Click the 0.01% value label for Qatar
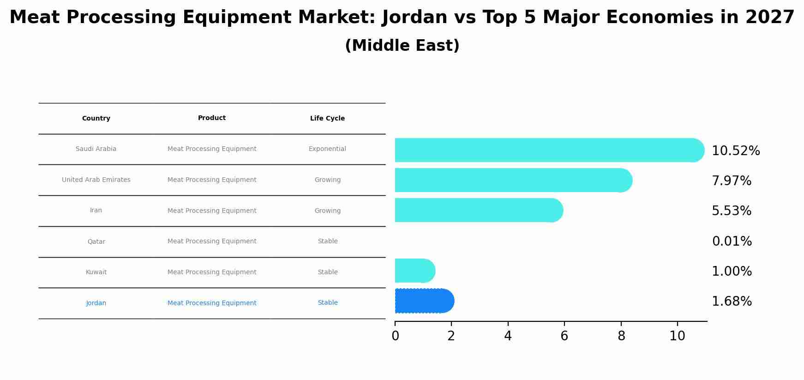pyautogui.click(x=732, y=241)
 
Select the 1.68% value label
pyautogui.click(x=732, y=302)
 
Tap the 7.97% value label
pyautogui.click(x=732, y=181)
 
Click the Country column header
pyautogui.click(x=96, y=118)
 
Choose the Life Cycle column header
pyautogui.click(x=327, y=118)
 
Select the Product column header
pyautogui.click(x=212, y=118)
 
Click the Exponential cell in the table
pyautogui.click(x=327, y=149)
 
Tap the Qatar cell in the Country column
pyautogui.click(x=96, y=241)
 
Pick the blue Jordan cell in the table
pyautogui.click(x=96, y=303)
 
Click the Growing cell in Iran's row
pyautogui.click(x=327, y=211)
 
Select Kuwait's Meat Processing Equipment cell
pyautogui.click(x=212, y=272)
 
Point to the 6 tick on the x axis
pyautogui.click(x=564, y=336)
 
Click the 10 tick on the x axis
pyautogui.click(x=677, y=336)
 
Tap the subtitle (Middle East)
pyautogui.click(x=402, y=46)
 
